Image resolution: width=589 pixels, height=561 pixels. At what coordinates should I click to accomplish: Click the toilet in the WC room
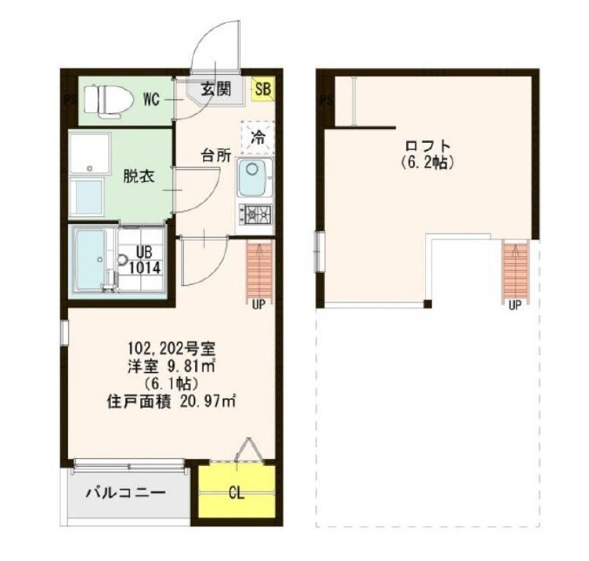(x=109, y=100)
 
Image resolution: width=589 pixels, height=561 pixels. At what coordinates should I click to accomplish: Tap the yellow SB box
(x=263, y=90)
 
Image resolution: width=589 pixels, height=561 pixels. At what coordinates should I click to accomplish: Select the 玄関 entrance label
(x=215, y=90)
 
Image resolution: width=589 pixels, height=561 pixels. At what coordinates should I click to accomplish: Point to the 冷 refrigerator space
(x=258, y=137)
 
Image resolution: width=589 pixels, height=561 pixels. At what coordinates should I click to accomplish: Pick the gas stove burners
(x=254, y=215)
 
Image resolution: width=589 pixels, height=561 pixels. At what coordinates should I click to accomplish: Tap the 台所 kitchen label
(x=216, y=155)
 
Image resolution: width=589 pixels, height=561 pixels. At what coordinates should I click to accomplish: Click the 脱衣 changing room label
(x=139, y=176)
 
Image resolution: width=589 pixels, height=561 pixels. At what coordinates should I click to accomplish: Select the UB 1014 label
(x=145, y=260)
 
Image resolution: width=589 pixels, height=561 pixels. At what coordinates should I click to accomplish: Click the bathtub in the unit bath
(x=91, y=260)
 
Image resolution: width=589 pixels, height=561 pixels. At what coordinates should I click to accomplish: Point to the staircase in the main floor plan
(x=259, y=269)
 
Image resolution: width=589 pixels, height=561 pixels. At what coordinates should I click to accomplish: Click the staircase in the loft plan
(x=516, y=269)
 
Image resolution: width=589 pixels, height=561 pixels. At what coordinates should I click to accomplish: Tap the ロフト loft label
(x=428, y=145)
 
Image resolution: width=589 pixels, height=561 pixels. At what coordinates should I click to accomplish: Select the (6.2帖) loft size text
(x=428, y=162)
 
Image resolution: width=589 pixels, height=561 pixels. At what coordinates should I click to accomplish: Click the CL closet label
(x=236, y=493)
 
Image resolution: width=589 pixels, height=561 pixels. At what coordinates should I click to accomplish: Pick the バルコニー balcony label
(x=125, y=492)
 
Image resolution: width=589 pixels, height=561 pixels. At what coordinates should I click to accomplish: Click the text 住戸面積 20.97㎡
(x=172, y=402)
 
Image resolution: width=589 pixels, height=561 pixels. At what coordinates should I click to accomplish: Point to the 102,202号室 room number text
(x=172, y=349)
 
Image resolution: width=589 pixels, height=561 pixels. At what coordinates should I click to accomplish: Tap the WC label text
(x=152, y=99)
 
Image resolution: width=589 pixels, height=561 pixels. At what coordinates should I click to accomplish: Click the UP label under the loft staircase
(x=515, y=305)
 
